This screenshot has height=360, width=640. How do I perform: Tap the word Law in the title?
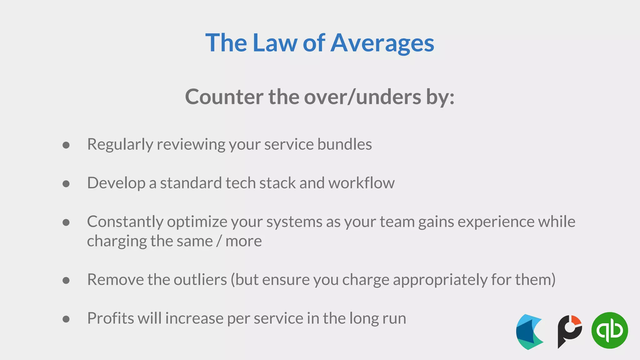click(x=275, y=43)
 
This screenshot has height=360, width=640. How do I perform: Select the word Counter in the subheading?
click(x=224, y=97)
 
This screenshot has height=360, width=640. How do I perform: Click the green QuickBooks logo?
click(x=609, y=330)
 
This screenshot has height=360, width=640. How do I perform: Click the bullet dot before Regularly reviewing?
click(x=66, y=145)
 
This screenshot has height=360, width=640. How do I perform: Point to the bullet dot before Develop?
click(x=66, y=184)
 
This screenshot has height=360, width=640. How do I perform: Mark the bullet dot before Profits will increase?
click(x=66, y=319)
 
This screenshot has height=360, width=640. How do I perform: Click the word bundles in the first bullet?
click(x=345, y=144)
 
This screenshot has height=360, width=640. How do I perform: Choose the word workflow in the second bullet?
click(x=361, y=183)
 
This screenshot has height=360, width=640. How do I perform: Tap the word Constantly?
click(x=125, y=222)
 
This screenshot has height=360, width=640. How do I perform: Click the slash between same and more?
click(x=219, y=241)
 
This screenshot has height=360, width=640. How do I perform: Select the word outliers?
click(x=200, y=280)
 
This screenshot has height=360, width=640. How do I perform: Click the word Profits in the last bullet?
click(x=111, y=318)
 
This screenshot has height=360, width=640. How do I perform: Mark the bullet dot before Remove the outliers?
click(x=66, y=280)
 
